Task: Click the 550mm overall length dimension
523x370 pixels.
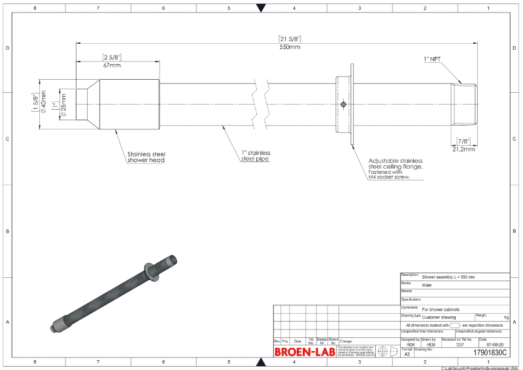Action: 290,47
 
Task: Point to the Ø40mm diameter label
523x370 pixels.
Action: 44,104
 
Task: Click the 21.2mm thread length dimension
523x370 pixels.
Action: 464,148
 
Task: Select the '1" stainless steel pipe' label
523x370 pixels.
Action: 254,155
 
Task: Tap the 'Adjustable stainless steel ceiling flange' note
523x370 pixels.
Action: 395,168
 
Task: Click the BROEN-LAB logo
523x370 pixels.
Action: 305,352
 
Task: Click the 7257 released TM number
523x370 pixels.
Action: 459,344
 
